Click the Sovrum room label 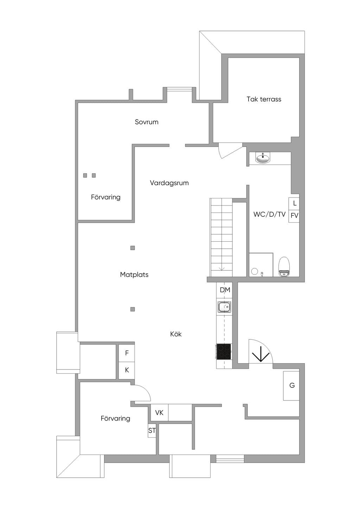147,122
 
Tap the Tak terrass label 264,99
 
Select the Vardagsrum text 169,183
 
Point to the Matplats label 134,274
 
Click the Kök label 176,334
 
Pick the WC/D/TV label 269,214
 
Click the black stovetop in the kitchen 224,352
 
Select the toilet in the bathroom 284,267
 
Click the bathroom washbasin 263,158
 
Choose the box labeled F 127,353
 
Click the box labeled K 127,370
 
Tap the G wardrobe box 291,386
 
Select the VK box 159,412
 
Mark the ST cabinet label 152,430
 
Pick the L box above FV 294,204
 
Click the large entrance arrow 261,354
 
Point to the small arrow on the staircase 221,269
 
